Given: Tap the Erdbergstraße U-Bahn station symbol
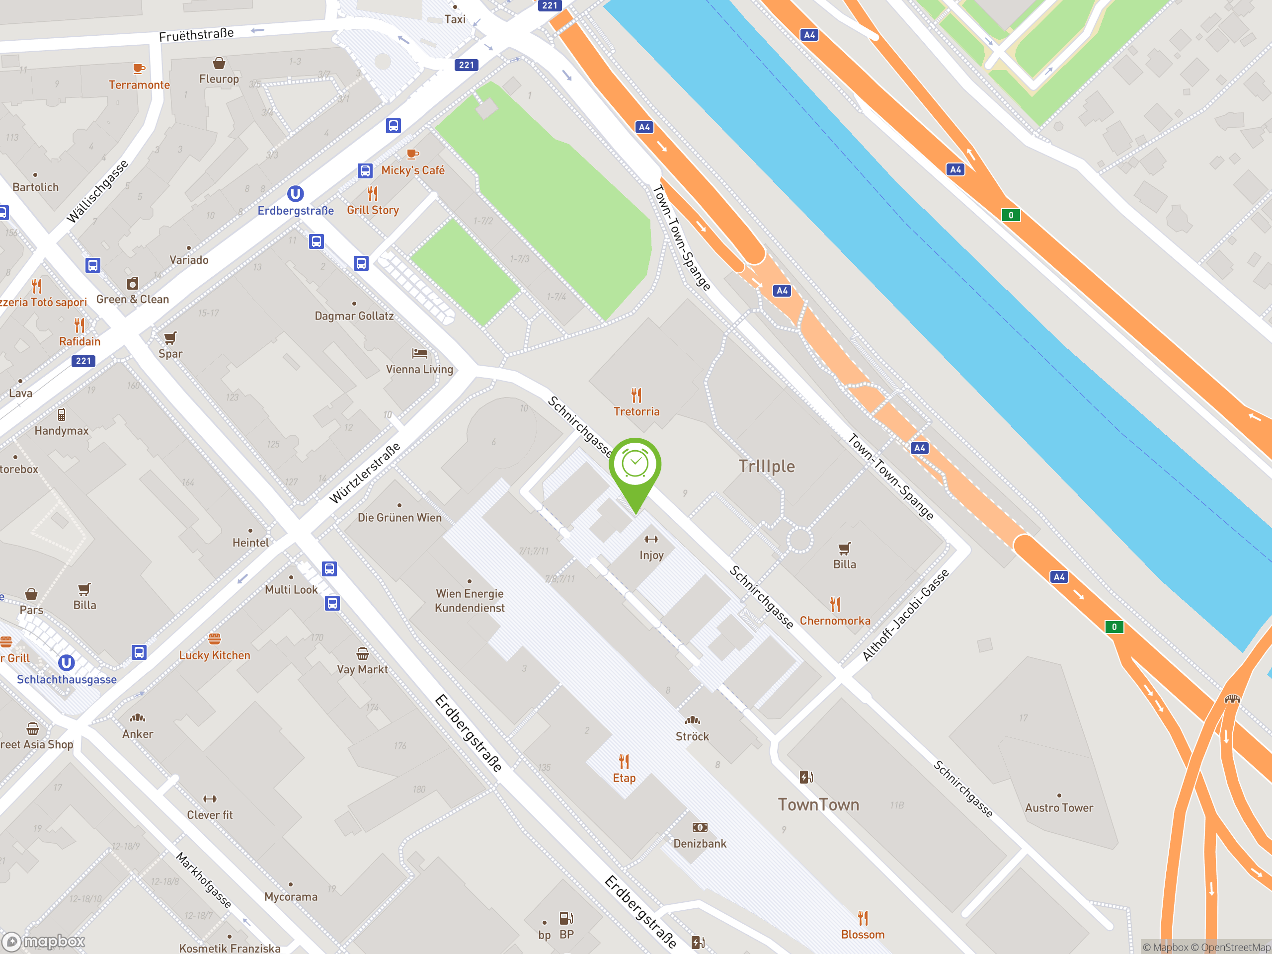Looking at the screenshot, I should tap(295, 194).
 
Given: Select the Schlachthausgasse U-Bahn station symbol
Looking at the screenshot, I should tap(67, 663).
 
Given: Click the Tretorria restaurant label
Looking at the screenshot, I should tap(636, 411).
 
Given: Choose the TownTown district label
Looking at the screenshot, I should tap(818, 804).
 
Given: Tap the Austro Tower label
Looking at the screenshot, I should tap(1059, 807).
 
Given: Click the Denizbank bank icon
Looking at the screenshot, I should tap(699, 827).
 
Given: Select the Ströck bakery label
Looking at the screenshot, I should tap(692, 736).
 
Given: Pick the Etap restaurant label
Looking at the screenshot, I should tap(624, 778).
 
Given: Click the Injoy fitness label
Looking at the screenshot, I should tap(651, 555).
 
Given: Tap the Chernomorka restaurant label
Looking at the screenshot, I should tap(834, 621).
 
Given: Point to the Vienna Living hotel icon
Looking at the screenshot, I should tap(420, 353).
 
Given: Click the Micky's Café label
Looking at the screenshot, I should tap(413, 170).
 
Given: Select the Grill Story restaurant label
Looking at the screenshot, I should tap(373, 210).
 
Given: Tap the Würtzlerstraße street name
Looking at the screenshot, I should tap(365, 473).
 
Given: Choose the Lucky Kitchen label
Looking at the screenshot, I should tap(215, 655).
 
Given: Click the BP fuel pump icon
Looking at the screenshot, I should tap(566, 918).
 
